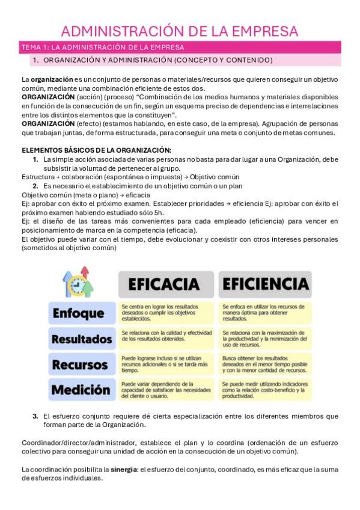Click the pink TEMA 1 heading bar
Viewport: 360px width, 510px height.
[180, 47]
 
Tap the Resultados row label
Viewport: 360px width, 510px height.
[82, 339]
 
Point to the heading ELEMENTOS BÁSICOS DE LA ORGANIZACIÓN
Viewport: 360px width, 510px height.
[96, 150]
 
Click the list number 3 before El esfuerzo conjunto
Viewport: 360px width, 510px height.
[35, 416]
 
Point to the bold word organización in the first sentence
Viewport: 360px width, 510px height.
[52, 79]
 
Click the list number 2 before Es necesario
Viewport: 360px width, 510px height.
[35, 186]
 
